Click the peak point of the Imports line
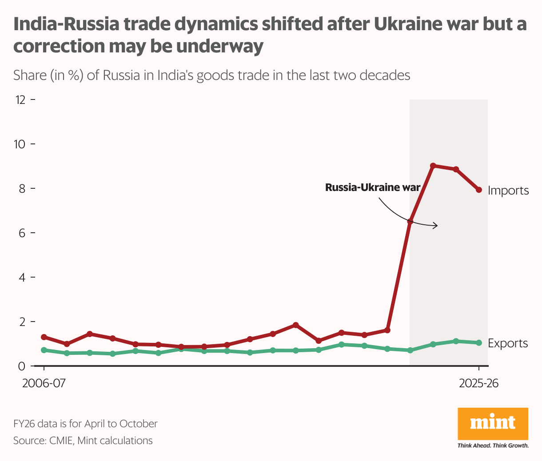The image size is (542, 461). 433,166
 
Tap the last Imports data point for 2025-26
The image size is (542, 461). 479,190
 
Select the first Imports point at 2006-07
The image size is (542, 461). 44,337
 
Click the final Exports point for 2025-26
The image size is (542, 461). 479,342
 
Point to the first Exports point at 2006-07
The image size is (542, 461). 44,350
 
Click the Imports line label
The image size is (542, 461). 508,191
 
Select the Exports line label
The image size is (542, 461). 508,343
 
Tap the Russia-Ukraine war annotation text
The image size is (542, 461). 372,187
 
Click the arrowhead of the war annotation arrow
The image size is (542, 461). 437,226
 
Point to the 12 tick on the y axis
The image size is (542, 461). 20,100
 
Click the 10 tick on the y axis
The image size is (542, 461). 20,144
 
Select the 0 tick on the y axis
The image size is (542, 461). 22,366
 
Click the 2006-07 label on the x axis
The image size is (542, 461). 44,383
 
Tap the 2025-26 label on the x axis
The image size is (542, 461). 479,383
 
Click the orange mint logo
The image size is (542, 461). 493,423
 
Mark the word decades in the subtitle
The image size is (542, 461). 385,75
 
